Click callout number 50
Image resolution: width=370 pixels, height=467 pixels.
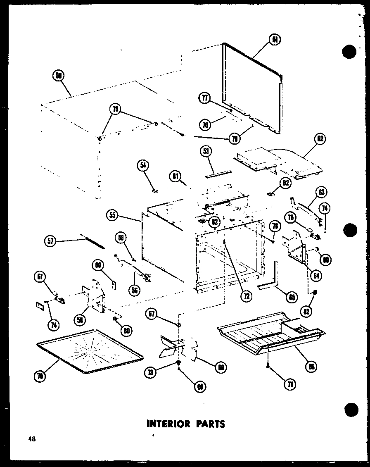pos(59,76)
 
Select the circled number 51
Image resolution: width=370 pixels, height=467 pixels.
pos(275,40)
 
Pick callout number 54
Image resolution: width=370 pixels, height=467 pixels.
pos(143,166)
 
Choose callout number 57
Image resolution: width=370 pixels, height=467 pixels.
pos(51,241)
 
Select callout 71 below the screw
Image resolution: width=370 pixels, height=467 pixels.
pos(290,384)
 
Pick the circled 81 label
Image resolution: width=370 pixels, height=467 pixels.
pos(175,177)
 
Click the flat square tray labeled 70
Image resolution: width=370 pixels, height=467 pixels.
pos(89,351)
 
